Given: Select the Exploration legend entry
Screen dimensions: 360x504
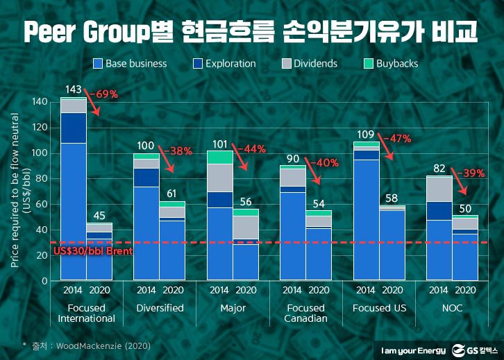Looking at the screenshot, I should [x=224, y=63].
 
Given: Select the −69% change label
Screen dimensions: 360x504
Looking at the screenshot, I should [x=103, y=93].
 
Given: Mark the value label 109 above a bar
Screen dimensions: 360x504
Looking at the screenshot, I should [x=366, y=134].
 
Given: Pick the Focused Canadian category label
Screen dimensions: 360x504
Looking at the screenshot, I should [x=305, y=313].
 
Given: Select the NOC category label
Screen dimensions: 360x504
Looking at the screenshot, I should [x=452, y=307].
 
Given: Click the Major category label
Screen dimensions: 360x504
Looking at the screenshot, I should [x=232, y=307].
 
